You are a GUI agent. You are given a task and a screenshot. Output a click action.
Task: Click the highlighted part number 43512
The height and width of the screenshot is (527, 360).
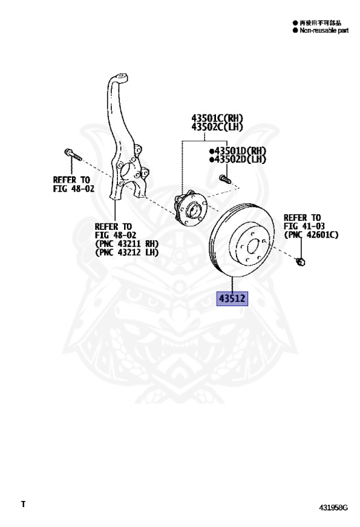pyautogui.click(x=232, y=298)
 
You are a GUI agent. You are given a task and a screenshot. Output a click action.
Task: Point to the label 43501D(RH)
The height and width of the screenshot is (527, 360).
pyautogui.click(x=239, y=151)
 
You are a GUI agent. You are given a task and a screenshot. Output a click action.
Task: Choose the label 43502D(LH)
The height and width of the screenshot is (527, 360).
pyautogui.click(x=239, y=159)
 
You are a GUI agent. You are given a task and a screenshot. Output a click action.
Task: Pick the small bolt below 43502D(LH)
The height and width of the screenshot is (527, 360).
pyautogui.click(x=225, y=180)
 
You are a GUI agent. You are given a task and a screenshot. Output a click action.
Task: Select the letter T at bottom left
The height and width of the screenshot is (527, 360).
pyautogui.click(x=23, y=504)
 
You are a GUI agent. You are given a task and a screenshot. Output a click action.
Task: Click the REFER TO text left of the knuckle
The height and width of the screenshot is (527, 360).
pyautogui.click(x=71, y=180)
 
